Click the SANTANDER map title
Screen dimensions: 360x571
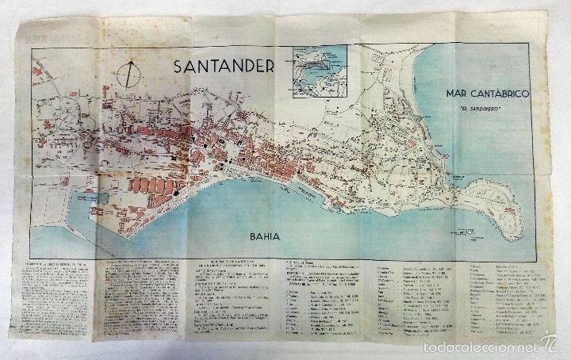pos(224,66)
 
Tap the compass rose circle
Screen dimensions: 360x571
pos(128,74)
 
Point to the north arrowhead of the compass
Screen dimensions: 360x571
pos(130,62)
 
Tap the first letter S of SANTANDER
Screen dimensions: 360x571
pos(179,66)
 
